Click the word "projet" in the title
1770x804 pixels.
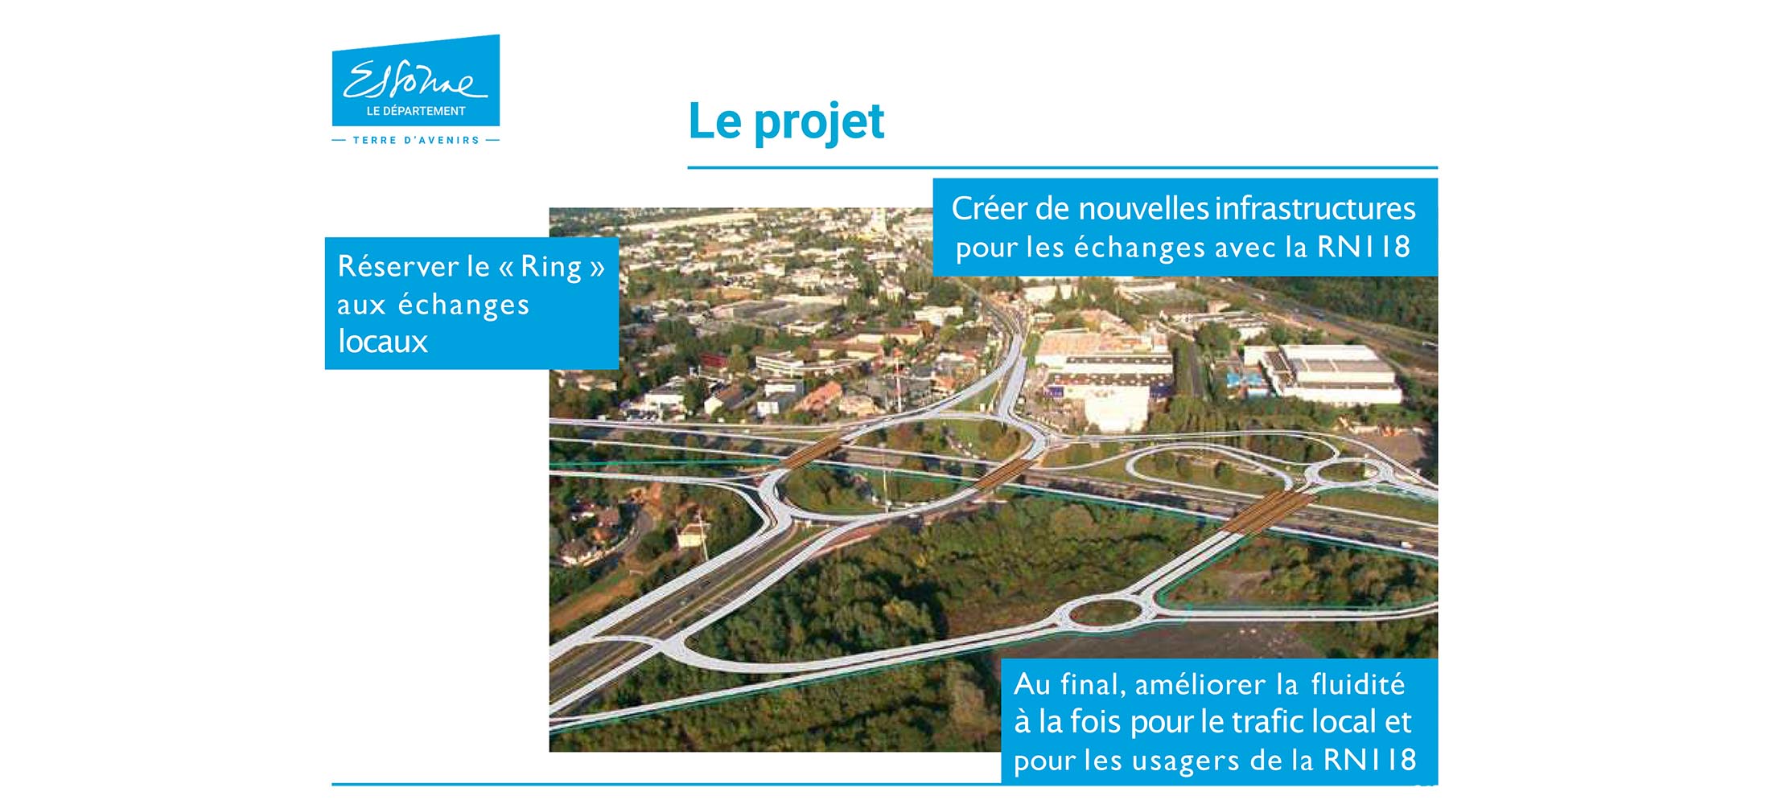click(819, 123)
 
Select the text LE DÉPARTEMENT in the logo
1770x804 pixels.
click(416, 111)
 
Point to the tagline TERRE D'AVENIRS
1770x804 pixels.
click(416, 140)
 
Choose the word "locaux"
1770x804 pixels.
click(382, 342)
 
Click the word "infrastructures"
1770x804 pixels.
click(1315, 208)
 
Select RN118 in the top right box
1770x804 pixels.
click(1364, 247)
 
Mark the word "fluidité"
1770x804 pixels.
click(1358, 684)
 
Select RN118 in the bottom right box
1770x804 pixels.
click(1370, 760)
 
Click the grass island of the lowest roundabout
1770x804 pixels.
click(1106, 613)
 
